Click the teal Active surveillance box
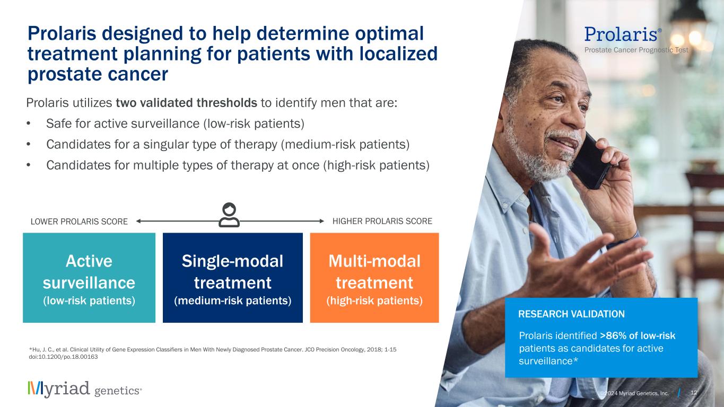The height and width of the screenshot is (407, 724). pyautogui.click(x=89, y=278)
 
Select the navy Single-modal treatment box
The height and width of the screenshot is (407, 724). pyautogui.click(x=233, y=278)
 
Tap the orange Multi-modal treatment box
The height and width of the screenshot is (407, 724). pyautogui.click(x=374, y=278)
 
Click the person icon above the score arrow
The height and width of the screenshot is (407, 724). pyautogui.click(x=229, y=215)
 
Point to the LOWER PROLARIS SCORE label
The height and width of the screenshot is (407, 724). pyautogui.click(x=79, y=222)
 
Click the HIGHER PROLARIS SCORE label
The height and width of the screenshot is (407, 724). pyautogui.click(x=382, y=222)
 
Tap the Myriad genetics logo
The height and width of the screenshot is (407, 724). pyautogui.click(x=85, y=389)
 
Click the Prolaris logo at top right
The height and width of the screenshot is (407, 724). pyautogui.click(x=623, y=34)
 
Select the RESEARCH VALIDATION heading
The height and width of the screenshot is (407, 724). pyautogui.click(x=571, y=314)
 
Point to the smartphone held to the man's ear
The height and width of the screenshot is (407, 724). pyautogui.click(x=590, y=162)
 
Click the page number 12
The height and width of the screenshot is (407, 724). pyautogui.click(x=694, y=393)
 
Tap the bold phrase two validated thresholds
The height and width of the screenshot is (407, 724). pyautogui.click(x=187, y=103)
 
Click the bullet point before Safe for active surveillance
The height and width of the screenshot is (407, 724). pyautogui.click(x=29, y=123)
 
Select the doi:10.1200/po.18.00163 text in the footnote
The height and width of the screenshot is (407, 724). pyautogui.click(x=63, y=357)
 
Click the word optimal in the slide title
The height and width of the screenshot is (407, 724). pyautogui.click(x=389, y=34)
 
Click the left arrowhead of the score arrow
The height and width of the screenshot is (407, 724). pyautogui.click(x=138, y=222)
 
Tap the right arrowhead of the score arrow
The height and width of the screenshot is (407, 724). pyautogui.click(x=321, y=222)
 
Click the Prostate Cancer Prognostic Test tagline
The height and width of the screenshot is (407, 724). pyautogui.click(x=636, y=50)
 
